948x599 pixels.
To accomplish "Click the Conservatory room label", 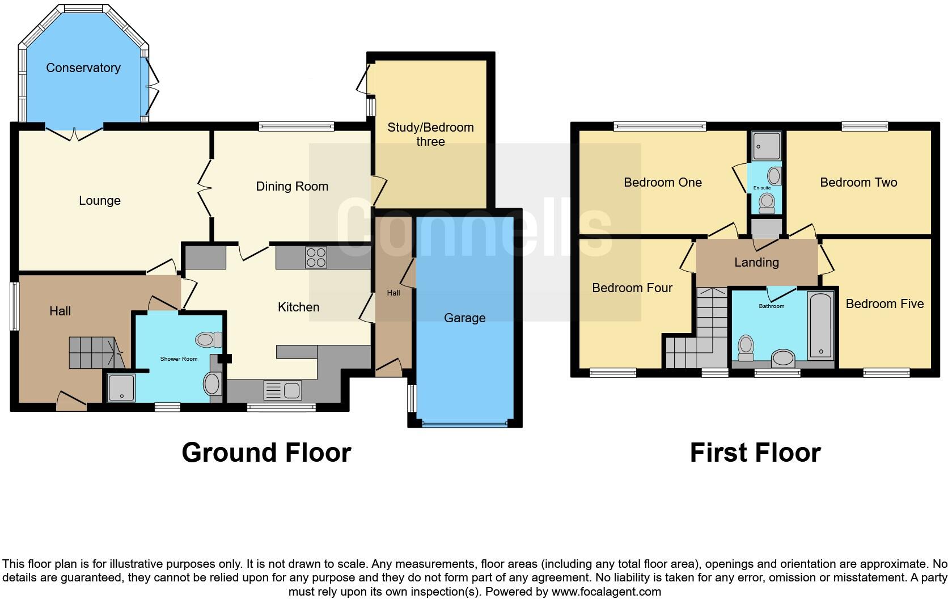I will click(83, 68).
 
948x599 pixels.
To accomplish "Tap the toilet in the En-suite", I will click(767, 203).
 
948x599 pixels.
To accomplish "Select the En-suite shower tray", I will click(767, 146).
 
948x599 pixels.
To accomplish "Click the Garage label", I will click(464, 318).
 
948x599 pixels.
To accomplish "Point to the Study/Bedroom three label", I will click(430, 134).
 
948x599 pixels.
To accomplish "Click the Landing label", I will click(756, 263).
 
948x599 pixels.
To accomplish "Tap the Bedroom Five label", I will click(884, 304).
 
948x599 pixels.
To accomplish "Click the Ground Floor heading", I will click(266, 453).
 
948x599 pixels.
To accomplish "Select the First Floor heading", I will click(755, 453).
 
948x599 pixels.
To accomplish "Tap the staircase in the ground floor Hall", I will click(94, 352).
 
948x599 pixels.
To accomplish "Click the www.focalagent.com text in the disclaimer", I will click(605, 592).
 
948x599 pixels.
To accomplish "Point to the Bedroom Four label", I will click(632, 288).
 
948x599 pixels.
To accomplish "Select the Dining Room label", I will click(292, 187).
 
